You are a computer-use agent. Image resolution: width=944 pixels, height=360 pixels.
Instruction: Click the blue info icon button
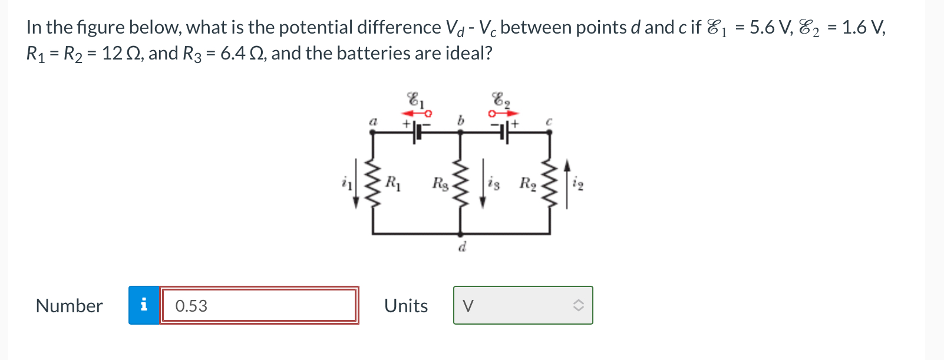pyautogui.click(x=144, y=305)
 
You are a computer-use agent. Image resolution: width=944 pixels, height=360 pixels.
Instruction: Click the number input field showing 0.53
pyautogui.click(x=259, y=305)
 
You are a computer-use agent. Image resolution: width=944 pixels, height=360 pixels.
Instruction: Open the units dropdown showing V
pyautogui.click(x=523, y=305)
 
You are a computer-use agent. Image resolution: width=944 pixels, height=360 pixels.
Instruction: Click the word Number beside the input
pyautogui.click(x=69, y=306)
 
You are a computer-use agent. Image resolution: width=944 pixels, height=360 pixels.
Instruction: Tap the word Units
pyautogui.click(x=406, y=306)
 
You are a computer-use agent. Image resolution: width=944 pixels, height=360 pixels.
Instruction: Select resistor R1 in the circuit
pyautogui.click(x=372, y=183)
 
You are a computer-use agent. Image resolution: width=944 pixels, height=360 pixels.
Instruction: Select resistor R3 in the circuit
pyautogui.click(x=461, y=183)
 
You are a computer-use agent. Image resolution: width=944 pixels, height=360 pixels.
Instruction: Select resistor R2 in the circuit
pyautogui.click(x=549, y=183)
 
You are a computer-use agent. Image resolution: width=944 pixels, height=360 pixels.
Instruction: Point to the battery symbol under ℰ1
pyautogui.click(x=417, y=132)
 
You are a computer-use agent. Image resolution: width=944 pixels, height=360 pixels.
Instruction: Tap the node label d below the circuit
pyautogui.click(x=463, y=247)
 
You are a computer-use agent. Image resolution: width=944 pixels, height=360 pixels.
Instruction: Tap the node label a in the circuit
pyautogui.click(x=372, y=121)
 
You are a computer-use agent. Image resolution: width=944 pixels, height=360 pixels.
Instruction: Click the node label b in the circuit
pyautogui.click(x=461, y=120)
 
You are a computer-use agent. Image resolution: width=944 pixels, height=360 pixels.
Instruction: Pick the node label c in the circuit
pyautogui.click(x=549, y=121)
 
